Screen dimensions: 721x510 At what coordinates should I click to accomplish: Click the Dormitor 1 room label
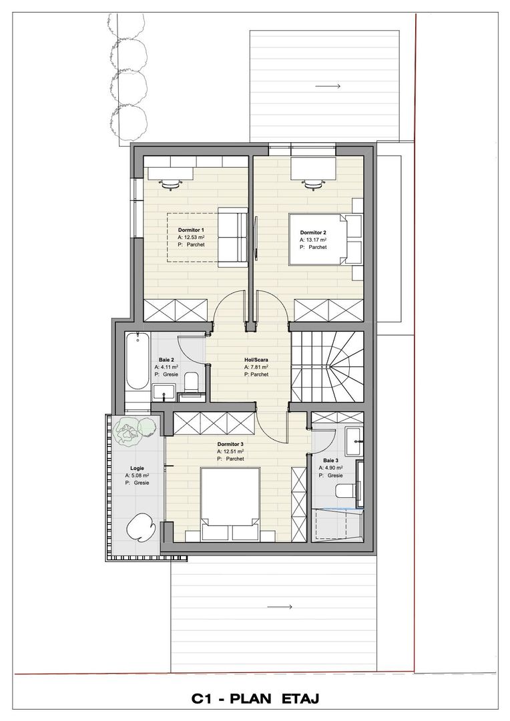[x=191, y=229]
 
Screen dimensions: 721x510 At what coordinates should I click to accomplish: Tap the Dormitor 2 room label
[x=313, y=232]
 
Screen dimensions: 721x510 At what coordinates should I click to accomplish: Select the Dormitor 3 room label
[x=230, y=444]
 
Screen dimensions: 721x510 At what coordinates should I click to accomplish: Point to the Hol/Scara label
[x=256, y=359]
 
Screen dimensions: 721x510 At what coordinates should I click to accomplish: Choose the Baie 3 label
[x=330, y=461]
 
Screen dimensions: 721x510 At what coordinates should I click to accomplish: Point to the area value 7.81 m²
[x=257, y=367]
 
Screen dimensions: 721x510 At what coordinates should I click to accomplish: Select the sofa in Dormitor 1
[x=231, y=236]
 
